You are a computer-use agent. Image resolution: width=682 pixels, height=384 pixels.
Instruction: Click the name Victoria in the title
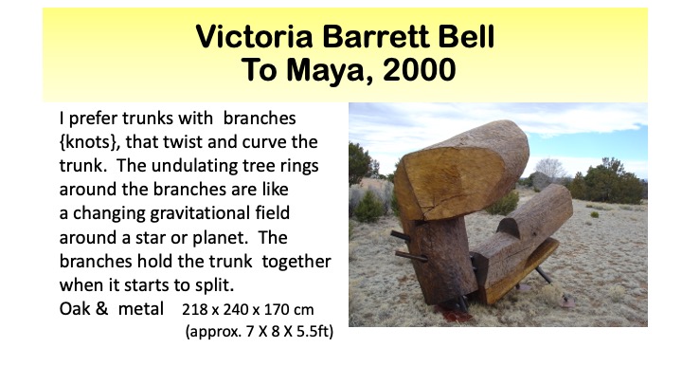pyautogui.click(x=254, y=37)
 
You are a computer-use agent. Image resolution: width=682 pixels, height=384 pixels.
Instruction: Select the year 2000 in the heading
pyautogui.click(x=420, y=70)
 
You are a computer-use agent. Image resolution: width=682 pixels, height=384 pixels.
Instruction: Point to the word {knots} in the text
pyautogui.click(x=89, y=142)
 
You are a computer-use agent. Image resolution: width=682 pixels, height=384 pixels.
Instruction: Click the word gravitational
pyautogui.click(x=200, y=213)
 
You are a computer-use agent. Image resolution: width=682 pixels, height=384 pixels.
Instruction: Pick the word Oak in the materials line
pyautogui.click(x=75, y=309)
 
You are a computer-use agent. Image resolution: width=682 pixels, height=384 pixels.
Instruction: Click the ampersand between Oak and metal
pyautogui.click(x=101, y=309)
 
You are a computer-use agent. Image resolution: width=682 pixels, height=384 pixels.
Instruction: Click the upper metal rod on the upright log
pyautogui.click(x=401, y=236)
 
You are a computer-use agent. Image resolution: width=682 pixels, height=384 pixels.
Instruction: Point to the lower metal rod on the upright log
pyautogui.click(x=411, y=256)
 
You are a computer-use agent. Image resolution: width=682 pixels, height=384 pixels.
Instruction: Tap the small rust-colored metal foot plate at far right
pyautogui.click(x=567, y=301)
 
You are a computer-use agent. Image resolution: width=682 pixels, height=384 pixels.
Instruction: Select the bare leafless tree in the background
pyautogui.click(x=549, y=169)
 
